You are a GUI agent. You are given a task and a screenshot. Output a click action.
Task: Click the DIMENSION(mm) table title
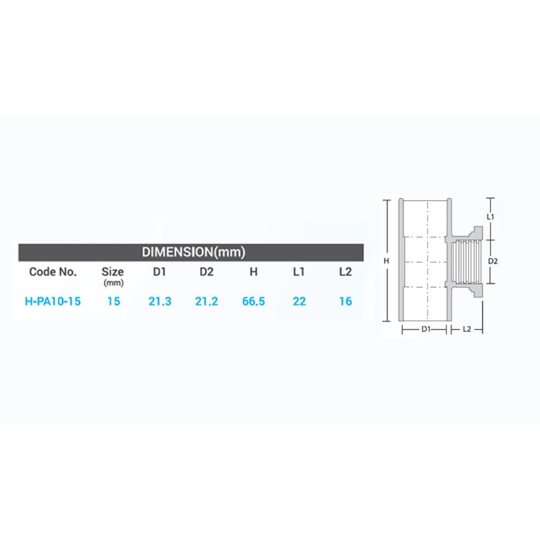[x=193, y=252]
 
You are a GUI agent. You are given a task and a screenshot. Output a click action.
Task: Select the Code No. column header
[x=53, y=272]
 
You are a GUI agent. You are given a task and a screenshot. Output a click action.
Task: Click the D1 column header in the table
[x=159, y=272]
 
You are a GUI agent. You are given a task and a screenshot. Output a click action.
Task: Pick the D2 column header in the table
[x=207, y=272]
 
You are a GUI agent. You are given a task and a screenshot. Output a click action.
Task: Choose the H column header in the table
[x=254, y=272]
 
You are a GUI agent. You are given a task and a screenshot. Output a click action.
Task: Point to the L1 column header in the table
[x=299, y=272]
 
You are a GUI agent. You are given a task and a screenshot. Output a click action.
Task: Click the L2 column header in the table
[x=345, y=272]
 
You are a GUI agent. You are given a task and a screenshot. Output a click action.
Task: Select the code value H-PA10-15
[x=53, y=301]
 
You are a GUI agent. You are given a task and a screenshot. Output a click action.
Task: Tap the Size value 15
[x=114, y=301]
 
